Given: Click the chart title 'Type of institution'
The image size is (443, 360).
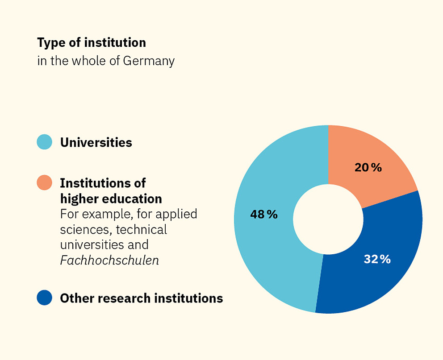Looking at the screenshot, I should tap(92, 43).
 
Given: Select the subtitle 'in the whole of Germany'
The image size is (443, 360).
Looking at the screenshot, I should tap(106, 61).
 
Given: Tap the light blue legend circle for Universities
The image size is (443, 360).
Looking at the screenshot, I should tap(45, 142).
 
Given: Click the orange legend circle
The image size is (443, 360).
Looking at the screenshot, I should tap(45, 182).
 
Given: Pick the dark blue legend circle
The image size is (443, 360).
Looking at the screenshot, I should tap(45, 298).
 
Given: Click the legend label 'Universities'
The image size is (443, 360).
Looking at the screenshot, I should tap(96, 142).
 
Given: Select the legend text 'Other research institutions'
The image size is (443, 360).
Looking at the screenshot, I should tap(141, 298).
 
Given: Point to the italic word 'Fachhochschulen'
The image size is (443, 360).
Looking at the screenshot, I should tap(109, 260).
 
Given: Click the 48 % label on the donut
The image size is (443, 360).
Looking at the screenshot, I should tap(264, 215).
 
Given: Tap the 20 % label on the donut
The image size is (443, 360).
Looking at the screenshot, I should tap(368, 168).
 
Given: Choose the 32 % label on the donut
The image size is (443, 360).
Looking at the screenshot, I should tap(377, 259).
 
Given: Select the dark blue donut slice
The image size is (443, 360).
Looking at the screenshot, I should tap(380, 277).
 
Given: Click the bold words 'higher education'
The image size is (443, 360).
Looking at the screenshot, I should tap(111, 199).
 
